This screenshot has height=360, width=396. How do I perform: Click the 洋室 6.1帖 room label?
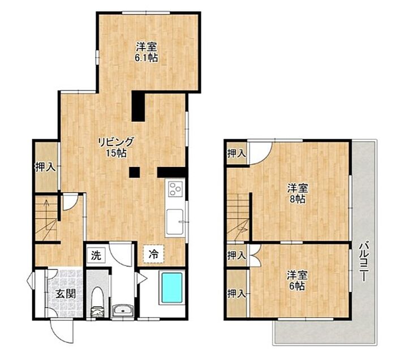coord(147,52)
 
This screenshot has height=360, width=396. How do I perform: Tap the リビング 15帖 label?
coord(115,147)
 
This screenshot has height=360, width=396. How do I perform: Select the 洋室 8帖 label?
coord(298,194)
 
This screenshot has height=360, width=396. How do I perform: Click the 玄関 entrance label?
coord(66,294)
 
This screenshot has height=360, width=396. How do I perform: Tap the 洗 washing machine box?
coord(96,255)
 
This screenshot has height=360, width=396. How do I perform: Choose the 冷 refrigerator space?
coord(153,254)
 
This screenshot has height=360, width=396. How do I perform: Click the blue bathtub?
coord(172,288)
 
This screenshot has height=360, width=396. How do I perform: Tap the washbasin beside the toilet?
coord(123,310)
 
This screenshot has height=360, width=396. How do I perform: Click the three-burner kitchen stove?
coord(175,188)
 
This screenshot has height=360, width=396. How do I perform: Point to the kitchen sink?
coord(175,221)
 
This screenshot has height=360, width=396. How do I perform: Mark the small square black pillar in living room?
coord(135,172)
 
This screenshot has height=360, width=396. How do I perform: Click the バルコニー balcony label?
coord(364,262)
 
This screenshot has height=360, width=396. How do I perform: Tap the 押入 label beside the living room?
coord(45,167)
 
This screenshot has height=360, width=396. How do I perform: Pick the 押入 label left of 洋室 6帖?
coord(236,294)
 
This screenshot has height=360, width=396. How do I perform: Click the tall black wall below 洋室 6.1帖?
coord(138,106)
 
